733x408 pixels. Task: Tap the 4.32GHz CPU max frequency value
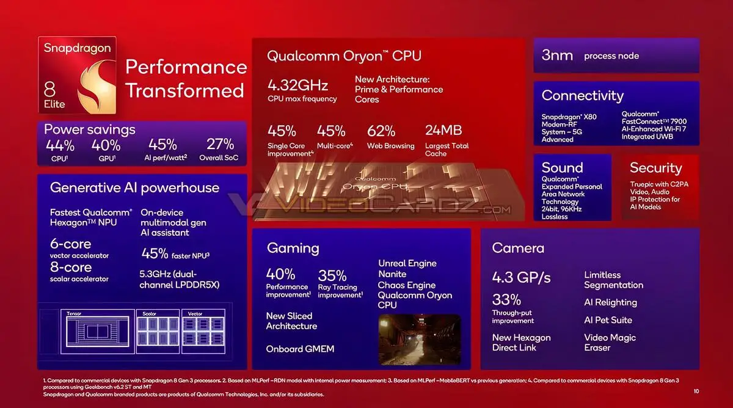click(297, 85)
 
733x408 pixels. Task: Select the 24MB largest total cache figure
click(443, 130)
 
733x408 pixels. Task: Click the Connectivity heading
click(582, 95)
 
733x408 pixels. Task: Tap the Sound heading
click(562, 167)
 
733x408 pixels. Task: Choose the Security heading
click(655, 167)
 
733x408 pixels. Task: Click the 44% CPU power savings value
click(60, 145)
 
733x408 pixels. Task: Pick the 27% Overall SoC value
click(220, 145)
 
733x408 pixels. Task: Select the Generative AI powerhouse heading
click(134, 188)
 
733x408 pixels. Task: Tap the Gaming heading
click(293, 247)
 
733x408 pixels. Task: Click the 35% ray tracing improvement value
click(332, 275)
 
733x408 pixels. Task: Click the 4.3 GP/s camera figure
click(521, 277)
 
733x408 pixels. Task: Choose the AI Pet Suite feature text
click(608, 320)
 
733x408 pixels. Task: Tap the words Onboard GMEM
click(300, 349)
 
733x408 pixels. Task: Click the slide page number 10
click(696, 391)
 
